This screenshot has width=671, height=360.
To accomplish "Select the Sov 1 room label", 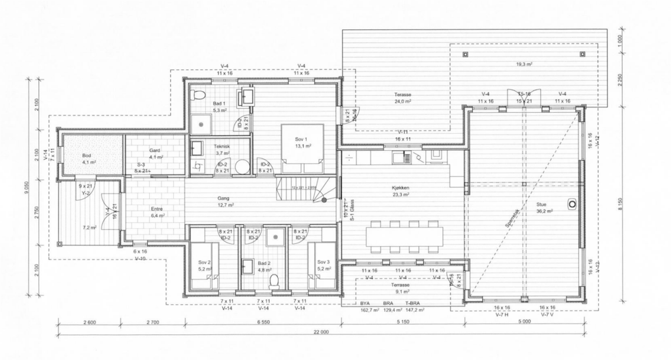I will (301, 139).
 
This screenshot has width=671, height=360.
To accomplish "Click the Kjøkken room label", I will (401, 188).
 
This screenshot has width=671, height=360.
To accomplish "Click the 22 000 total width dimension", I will (320, 332).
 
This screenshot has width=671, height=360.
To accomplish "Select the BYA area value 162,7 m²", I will (369, 310).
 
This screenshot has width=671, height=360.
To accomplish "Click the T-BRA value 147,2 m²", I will (415, 310).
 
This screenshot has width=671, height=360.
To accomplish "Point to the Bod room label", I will (86, 155).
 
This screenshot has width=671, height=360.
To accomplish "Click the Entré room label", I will (156, 209).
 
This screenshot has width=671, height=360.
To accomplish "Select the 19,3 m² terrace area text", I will (524, 65).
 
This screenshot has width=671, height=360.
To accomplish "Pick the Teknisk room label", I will (221, 147).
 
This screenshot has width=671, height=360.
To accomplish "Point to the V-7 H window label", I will (501, 314).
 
